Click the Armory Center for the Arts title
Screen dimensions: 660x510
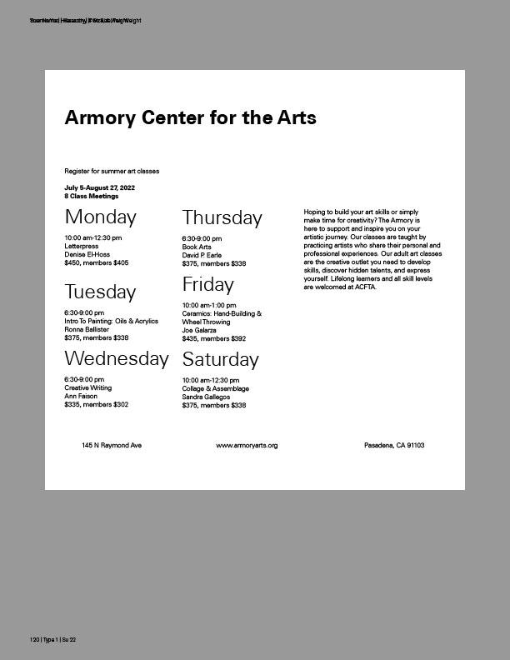190,117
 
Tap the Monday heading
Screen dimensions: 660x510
100,217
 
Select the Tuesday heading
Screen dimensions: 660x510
100,292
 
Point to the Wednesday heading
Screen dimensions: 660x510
117,359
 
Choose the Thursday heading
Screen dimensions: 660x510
222,218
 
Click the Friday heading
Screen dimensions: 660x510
207,283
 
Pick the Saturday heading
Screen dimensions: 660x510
220,360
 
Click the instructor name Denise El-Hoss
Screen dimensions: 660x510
87,255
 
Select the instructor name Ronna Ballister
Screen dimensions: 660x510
87,330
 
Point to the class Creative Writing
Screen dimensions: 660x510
87,388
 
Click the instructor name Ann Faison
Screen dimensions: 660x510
81,397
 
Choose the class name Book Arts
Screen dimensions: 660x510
197,247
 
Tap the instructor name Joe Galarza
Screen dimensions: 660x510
199,331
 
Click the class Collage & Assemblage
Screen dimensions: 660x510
216,389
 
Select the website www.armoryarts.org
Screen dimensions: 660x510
247,446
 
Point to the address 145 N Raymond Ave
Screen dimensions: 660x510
112,446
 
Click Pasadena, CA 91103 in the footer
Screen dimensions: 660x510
394,446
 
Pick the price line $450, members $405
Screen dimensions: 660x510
96,263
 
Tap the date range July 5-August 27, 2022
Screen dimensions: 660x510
99,188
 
